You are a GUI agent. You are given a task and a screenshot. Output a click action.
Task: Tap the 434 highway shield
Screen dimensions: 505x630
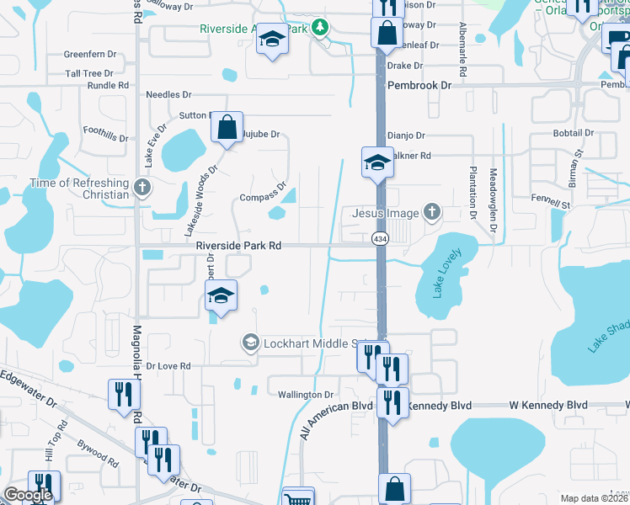pyautogui.click(x=380, y=240)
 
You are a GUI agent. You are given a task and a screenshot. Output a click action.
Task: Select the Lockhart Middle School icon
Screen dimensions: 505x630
pyautogui.click(x=250, y=343)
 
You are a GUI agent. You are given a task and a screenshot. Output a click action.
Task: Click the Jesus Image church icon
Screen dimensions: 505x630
pyautogui.click(x=432, y=212)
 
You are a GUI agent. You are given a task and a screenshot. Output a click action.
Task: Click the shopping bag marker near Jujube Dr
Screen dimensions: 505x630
pyautogui.click(x=227, y=129)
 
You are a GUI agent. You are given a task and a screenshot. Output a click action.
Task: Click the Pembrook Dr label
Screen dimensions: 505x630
pyautogui.click(x=419, y=85)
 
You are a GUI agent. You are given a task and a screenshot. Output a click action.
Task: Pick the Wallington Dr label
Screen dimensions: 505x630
pyautogui.click(x=306, y=394)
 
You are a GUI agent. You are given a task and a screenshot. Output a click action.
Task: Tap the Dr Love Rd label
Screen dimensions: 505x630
pyautogui.click(x=168, y=366)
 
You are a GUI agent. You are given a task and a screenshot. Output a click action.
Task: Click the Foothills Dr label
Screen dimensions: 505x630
pyautogui.click(x=105, y=134)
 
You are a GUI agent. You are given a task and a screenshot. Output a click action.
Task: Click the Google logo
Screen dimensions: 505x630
pyautogui.click(x=27, y=495)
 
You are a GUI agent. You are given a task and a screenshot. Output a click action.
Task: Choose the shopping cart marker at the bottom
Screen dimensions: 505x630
pyautogui.click(x=297, y=497)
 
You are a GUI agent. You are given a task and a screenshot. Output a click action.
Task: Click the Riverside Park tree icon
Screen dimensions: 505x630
pyautogui.click(x=319, y=28)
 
